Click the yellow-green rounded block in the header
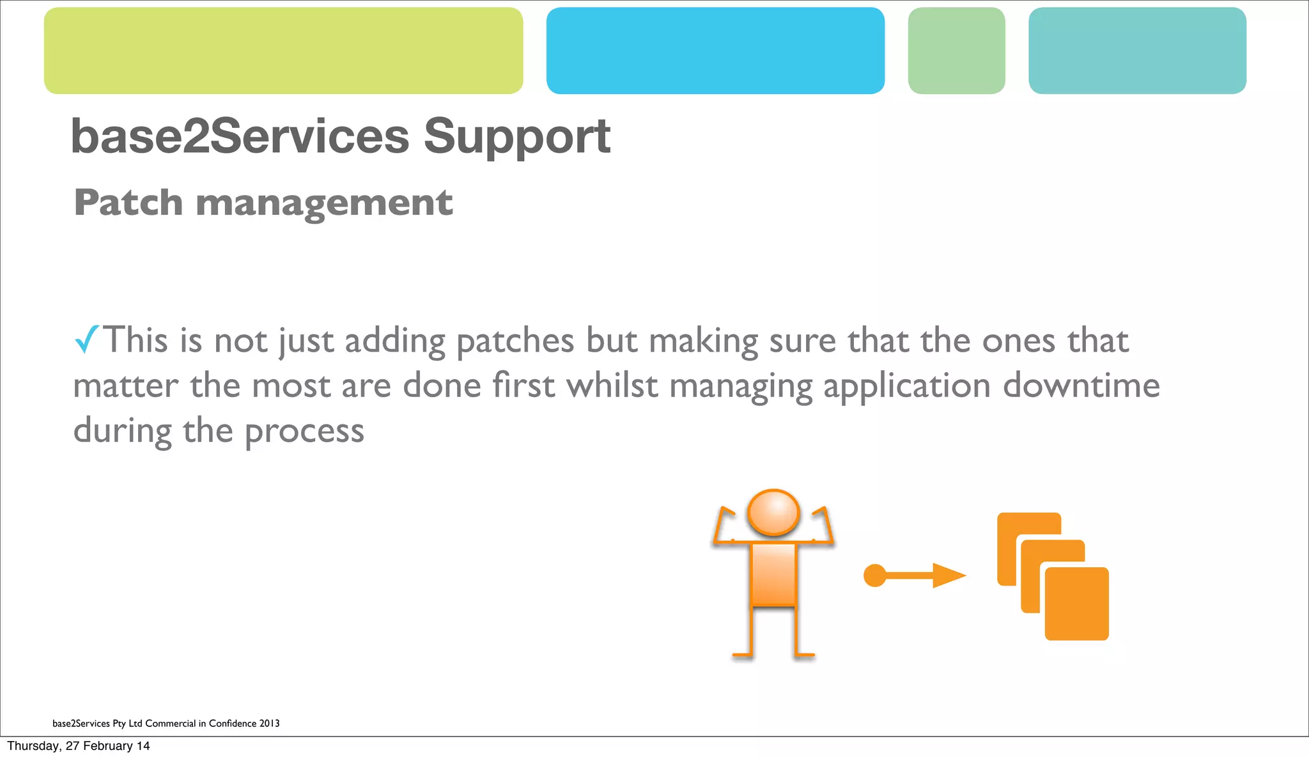click(x=283, y=51)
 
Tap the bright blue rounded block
click(x=715, y=51)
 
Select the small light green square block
click(x=956, y=51)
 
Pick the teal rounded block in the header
click(x=1137, y=51)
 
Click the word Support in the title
click(x=516, y=137)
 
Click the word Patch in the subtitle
click(x=128, y=203)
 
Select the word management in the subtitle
click(x=324, y=204)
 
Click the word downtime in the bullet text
click(x=1081, y=386)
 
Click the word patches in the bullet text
click(x=515, y=341)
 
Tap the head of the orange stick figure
click(x=773, y=512)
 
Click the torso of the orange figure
click(x=773, y=574)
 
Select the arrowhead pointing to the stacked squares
click(x=949, y=575)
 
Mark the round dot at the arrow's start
click(x=874, y=575)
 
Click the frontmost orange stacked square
click(x=1076, y=604)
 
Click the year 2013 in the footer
click(x=269, y=723)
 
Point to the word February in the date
click(x=107, y=745)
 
